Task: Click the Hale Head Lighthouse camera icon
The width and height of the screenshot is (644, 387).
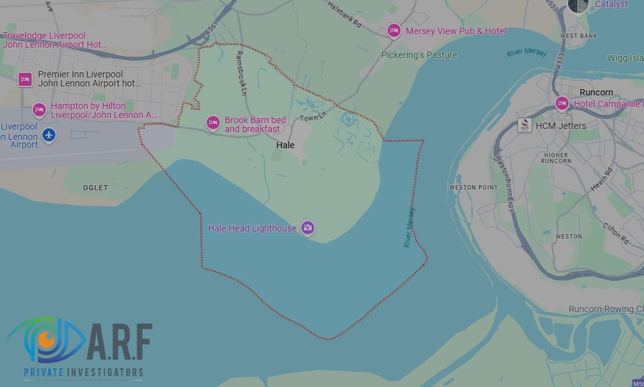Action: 308,227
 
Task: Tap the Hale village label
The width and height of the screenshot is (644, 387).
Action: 285,145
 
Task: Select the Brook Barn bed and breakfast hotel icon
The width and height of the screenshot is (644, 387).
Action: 213,122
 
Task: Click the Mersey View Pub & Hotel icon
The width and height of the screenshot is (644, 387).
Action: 393,30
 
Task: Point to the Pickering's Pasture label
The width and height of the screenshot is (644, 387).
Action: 419,55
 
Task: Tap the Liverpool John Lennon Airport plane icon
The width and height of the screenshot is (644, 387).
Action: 49,135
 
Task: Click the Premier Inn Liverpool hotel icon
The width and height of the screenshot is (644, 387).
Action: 25,79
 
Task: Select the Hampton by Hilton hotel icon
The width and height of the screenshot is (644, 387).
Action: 39,110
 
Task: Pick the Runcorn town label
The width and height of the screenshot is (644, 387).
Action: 596,92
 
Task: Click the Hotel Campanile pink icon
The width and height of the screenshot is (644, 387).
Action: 562,103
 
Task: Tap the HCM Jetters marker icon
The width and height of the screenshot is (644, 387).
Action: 525,125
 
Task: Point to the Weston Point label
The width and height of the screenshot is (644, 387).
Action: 473,188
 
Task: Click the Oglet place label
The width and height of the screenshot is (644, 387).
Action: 95,188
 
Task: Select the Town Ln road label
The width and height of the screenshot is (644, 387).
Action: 314,117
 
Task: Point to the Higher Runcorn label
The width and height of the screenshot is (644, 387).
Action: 556,158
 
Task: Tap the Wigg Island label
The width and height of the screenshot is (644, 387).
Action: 625,59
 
